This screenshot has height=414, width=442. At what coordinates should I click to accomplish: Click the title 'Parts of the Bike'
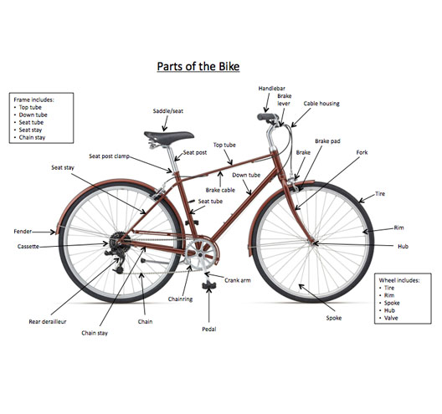198,67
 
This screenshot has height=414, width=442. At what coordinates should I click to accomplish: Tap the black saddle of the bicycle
169,136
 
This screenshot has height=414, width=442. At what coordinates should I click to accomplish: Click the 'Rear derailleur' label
48,322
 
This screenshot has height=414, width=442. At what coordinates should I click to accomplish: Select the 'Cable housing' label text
321,104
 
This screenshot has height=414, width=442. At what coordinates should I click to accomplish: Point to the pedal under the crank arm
208,285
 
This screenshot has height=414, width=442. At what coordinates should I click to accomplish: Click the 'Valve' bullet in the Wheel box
391,318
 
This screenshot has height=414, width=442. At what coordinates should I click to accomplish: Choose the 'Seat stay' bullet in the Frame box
30,130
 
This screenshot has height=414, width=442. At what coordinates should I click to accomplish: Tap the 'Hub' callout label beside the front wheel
403,247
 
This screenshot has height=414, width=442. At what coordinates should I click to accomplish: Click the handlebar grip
266,116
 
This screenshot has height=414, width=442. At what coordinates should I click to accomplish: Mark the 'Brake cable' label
220,190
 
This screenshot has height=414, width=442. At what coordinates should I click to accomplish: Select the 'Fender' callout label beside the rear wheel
23,232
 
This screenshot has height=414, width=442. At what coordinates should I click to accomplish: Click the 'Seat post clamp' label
109,156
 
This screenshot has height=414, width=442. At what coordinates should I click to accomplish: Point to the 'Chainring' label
181,299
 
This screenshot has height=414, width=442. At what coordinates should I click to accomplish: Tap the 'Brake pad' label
327,141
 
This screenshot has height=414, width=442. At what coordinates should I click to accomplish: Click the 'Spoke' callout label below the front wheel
334,318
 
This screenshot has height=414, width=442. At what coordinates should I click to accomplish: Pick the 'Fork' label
362,152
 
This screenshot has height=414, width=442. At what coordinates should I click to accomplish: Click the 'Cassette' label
28,247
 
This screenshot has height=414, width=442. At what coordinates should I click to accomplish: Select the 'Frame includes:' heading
33,100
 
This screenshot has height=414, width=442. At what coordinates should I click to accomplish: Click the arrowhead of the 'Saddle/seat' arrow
164,129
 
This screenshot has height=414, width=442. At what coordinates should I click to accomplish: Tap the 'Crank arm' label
238,280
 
